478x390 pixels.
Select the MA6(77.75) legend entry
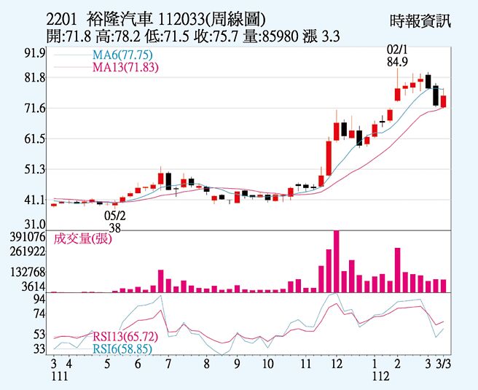122,55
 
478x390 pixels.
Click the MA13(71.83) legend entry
125,68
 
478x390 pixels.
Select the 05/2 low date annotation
115,215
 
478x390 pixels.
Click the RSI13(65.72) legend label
125,337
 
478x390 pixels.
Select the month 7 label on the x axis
168,362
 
